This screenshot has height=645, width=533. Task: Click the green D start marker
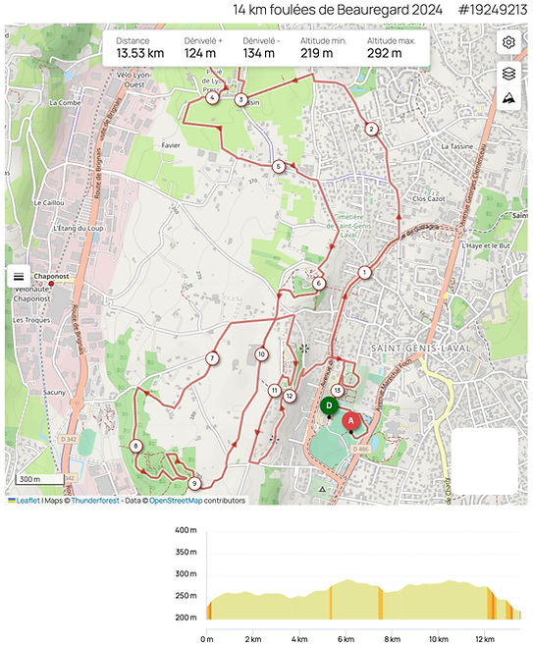coord(329,404)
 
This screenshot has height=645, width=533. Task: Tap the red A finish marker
coord(350,420)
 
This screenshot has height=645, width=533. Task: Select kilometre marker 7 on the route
coord(211,359)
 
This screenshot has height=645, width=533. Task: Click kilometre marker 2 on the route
coord(371,129)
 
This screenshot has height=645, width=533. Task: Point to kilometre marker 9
coord(194,483)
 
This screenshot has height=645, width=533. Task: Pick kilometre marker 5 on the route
coord(279,166)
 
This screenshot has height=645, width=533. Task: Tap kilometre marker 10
coord(262,353)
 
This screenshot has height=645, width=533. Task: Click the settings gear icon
coord(508,42)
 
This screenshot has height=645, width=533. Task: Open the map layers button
coord(508,73)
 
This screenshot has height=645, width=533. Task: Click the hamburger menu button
coord(18,277)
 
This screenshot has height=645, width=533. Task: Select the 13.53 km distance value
coord(139,54)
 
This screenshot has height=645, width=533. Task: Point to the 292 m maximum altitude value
coord(384,54)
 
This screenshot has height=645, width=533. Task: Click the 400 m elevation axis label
coord(187,530)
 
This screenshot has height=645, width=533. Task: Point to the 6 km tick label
coord(346,638)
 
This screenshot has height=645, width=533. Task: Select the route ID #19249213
coord(494,10)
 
